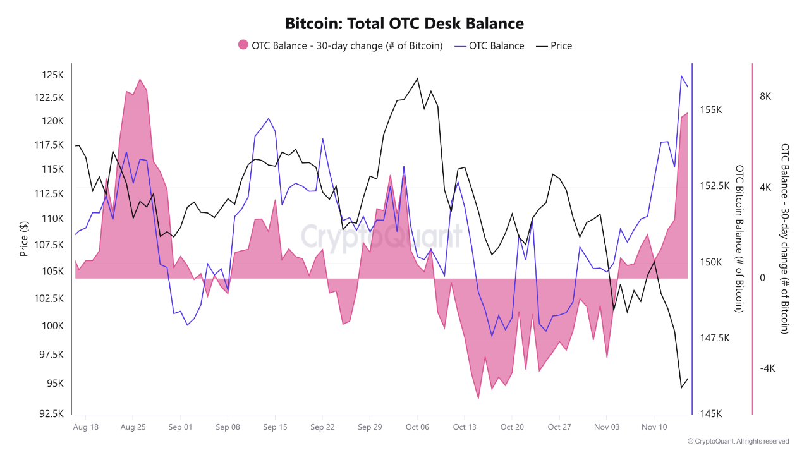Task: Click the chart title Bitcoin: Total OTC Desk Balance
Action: tap(404, 24)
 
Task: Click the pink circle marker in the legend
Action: tap(243, 45)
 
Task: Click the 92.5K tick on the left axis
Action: tap(50, 414)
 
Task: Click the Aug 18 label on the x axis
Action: tap(86, 427)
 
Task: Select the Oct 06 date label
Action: tap(417, 427)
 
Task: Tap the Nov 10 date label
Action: tap(654, 427)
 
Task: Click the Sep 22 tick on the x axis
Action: tap(322, 427)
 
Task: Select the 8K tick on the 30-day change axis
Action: tap(765, 96)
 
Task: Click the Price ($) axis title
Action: tap(24, 239)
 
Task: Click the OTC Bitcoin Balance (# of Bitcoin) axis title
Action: tap(739, 239)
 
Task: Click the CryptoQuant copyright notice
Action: tap(738, 441)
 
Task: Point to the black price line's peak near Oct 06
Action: tap(418, 78)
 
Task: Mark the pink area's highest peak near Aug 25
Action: tap(140, 80)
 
